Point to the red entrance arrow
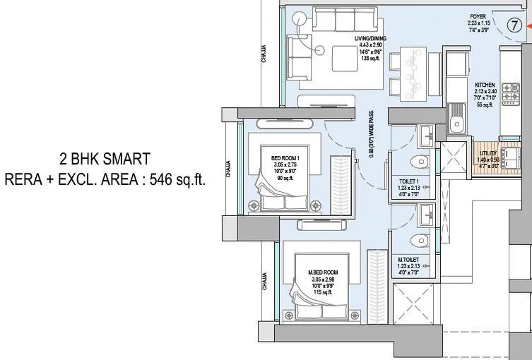(x=528, y=27)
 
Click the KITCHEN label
(x=485, y=85)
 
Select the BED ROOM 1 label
(x=285, y=149)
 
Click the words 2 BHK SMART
(x=105, y=158)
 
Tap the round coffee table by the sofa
(x=318, y=49)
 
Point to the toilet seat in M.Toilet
(x=422, y=240)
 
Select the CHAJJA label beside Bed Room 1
(x=228, y=172)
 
